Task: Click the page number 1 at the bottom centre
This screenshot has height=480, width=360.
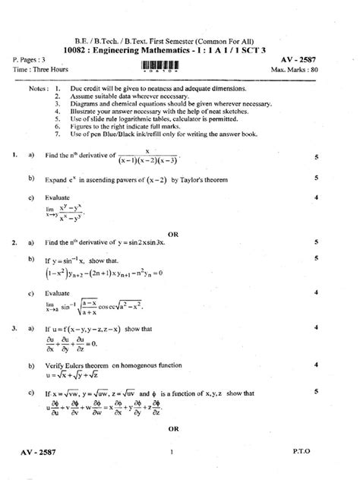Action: click(x=173, y=454)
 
